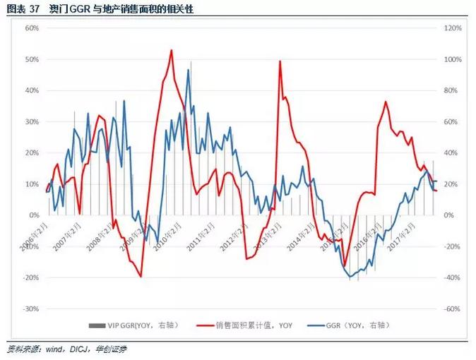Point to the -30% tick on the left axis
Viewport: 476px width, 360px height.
(x=29, y=309)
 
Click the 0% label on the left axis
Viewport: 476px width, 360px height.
(x=32, y=215)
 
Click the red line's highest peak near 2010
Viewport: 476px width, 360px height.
(x=172, y=50)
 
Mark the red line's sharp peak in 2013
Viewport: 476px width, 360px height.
(x=280, y=61)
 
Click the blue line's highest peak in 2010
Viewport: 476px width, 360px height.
(x=189, y=70)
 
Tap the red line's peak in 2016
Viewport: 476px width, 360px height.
(x=386, y=102)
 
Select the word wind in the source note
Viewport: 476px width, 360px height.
(x=54, y=349)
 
